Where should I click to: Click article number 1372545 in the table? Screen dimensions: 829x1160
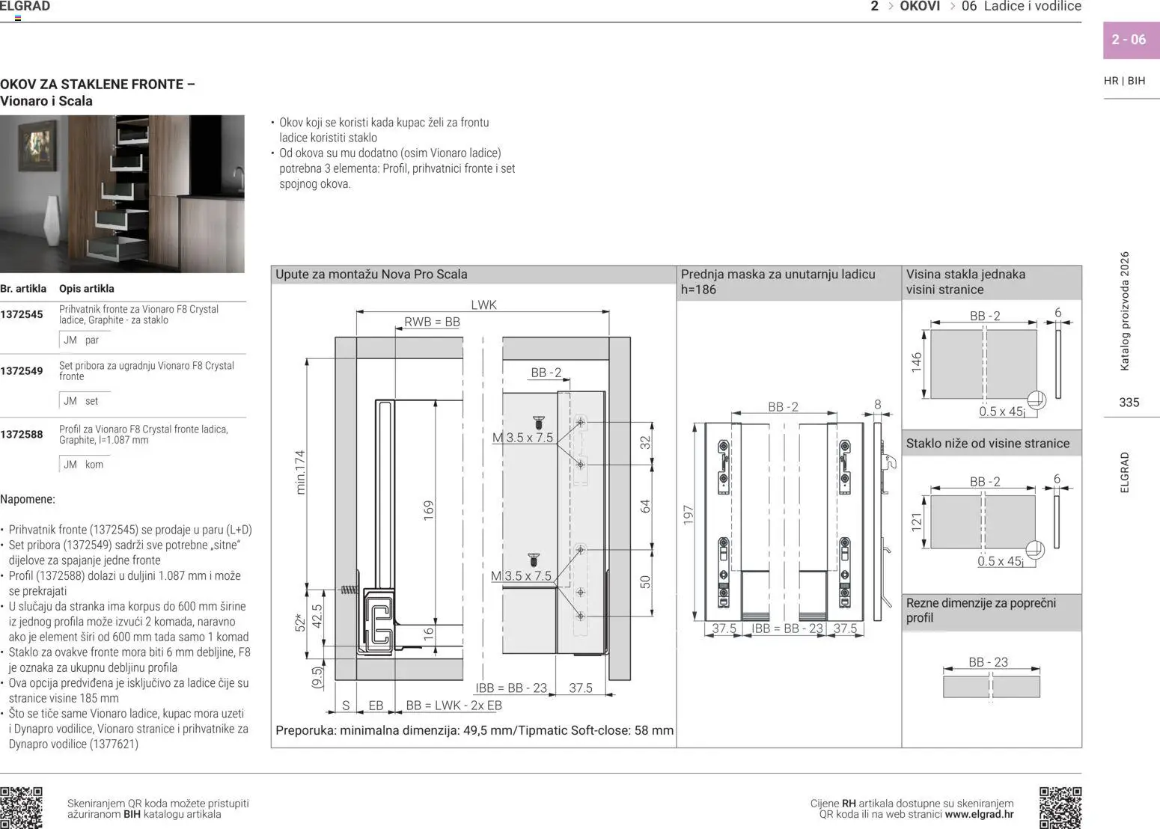(22, 314)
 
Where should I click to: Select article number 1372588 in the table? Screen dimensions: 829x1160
(22, 434)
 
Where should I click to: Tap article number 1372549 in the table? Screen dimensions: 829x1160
(22, 370)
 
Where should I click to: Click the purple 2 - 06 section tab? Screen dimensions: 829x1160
(1129, 40)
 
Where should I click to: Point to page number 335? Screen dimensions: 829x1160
(1129, 403)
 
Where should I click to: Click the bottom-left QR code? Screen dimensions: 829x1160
(21, 807)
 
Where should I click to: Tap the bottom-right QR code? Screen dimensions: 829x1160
(1060, 807)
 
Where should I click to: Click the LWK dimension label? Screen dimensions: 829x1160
(483, 305)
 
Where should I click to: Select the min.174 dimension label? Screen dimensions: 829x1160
(301, 471)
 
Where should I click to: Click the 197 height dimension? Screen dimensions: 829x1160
(689, 515)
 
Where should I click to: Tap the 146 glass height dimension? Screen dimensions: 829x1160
(917, 362)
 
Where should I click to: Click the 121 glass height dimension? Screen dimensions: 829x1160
(917, 521)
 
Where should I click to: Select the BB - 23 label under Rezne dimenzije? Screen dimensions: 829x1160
(988, 662)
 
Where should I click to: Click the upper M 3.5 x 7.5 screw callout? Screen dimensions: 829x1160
(522, 438)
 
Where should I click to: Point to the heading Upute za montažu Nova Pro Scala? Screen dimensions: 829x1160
(371, 275)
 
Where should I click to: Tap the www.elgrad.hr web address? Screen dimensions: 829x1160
(979, 814)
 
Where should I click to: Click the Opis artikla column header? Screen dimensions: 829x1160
(87, 289)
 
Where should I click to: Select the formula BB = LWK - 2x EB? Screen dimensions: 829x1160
(454, 706)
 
